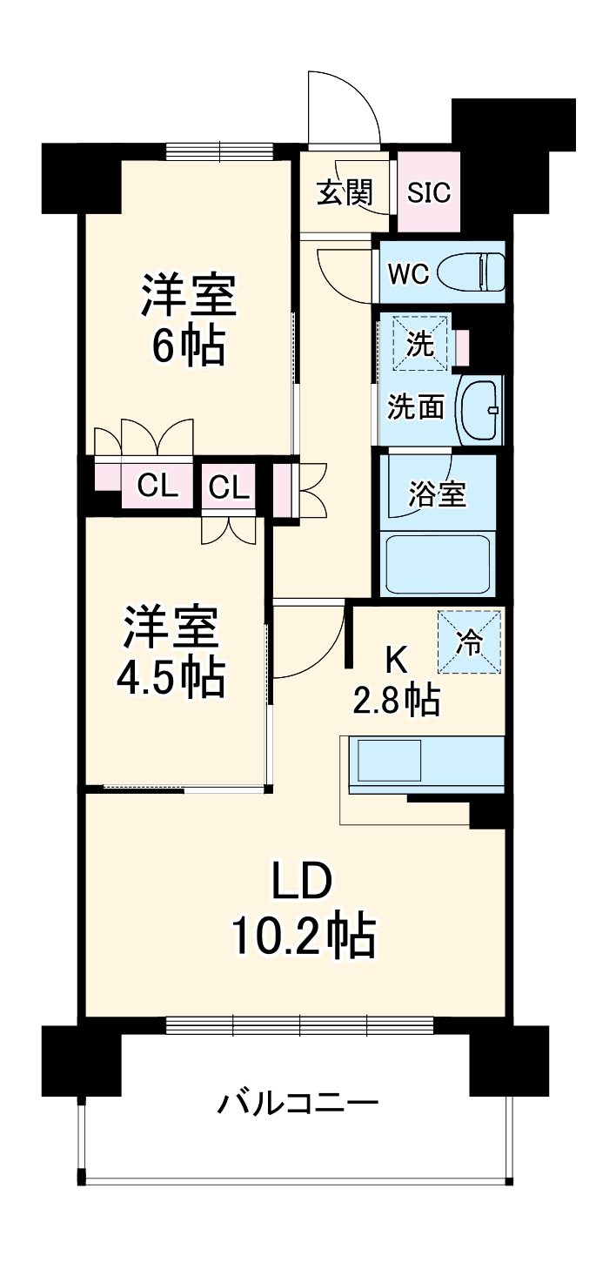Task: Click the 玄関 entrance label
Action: tap(344, 192)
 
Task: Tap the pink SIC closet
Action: tap(429, 192)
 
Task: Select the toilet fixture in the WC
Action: tap(471, 272)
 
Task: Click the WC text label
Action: tap(408, 273)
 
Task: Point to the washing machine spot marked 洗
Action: tap(421, 343)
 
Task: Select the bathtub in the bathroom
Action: tap(438, 564)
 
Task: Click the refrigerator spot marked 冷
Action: tap(470, 642)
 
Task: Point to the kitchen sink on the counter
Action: tap(389, 761)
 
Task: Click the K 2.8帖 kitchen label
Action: tap(396, 681)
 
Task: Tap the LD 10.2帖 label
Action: tap(302, 910)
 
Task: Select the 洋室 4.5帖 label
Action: tap(171, 651)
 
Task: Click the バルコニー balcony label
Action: tap(298, 1104)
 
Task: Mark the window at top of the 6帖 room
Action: tap(221, 150)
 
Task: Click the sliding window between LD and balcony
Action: tap(299, 1025)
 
